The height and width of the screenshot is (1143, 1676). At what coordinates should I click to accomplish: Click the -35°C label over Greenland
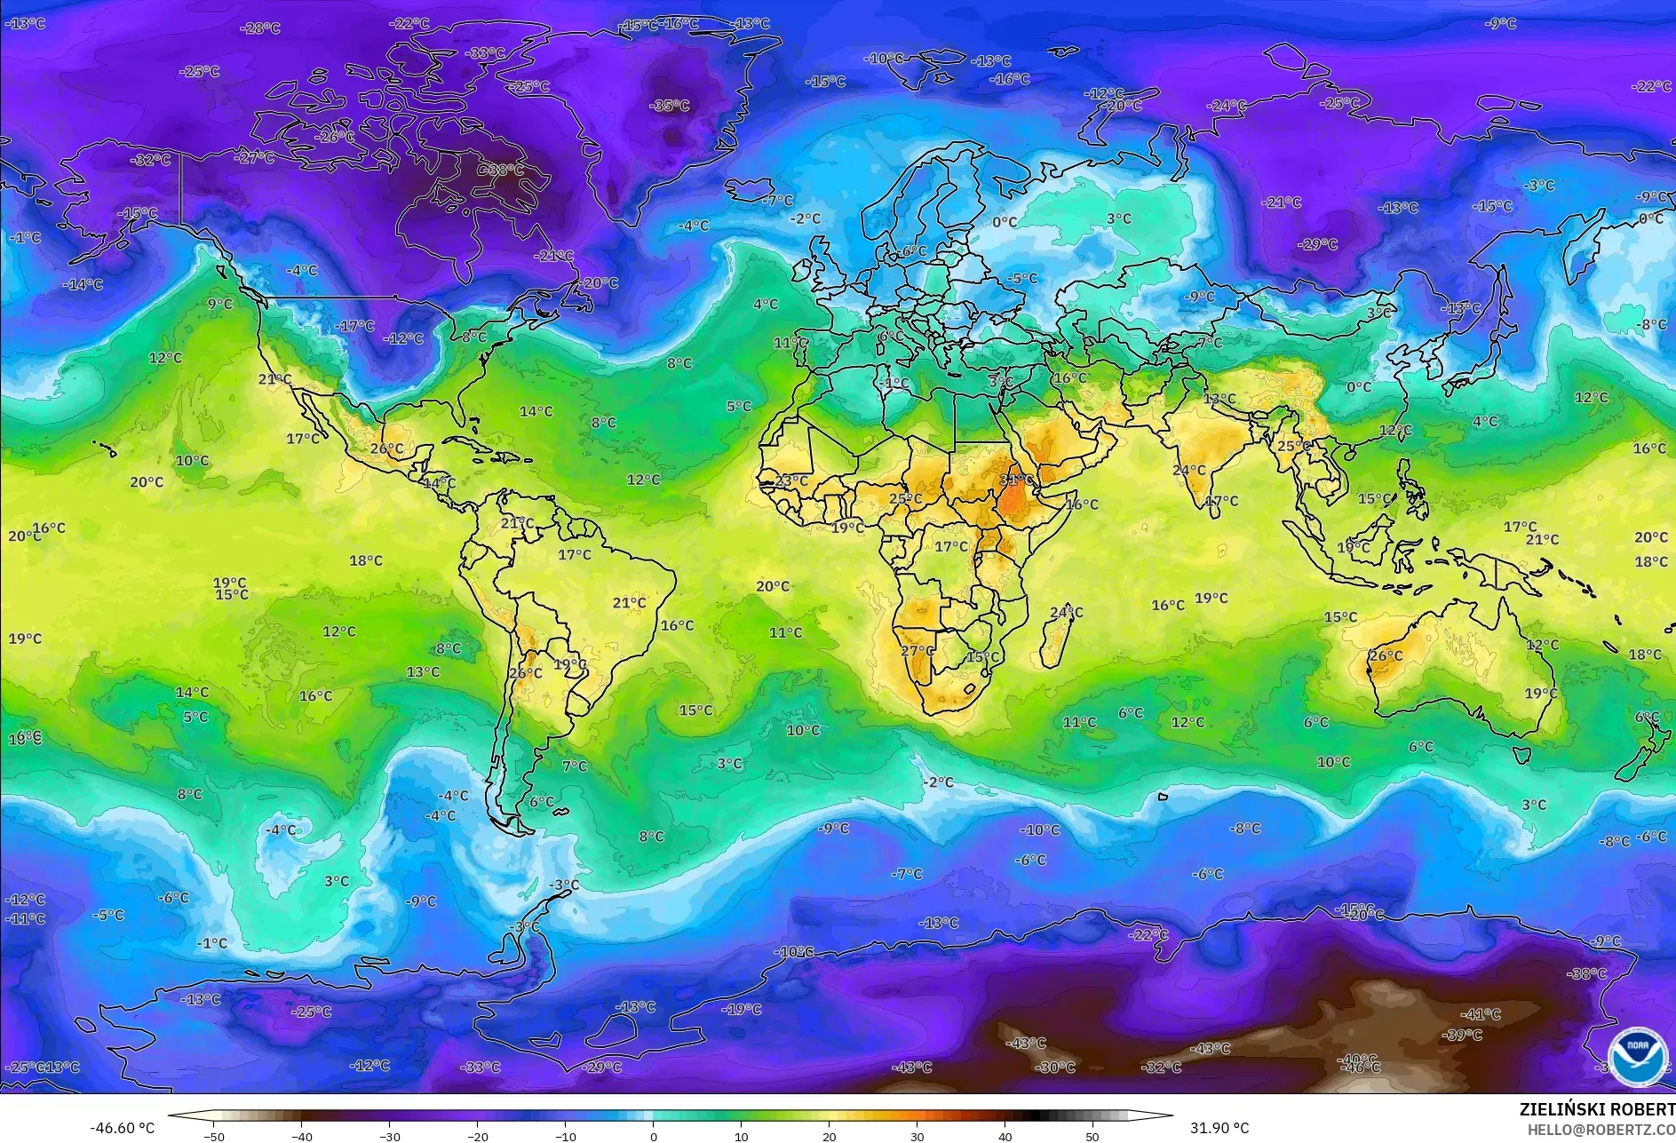(670, 106)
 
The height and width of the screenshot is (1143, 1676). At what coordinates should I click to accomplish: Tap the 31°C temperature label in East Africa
(1016, 480)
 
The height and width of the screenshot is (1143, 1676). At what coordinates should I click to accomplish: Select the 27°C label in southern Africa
(917, 651)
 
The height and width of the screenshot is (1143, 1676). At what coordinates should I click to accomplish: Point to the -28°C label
(259, 28)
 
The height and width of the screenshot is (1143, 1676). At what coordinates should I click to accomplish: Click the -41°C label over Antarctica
(1481, 1014)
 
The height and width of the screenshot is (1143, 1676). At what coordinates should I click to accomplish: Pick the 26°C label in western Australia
(1386, 656)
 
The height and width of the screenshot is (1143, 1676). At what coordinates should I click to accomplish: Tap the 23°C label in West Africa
(791, 480)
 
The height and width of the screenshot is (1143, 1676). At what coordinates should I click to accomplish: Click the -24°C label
(1227, 106)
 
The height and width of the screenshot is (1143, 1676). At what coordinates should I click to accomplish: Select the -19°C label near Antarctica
(742, 1009)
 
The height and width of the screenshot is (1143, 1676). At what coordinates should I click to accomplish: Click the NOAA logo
(1636, 1055)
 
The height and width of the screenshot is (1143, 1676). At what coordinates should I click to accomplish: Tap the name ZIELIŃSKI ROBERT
(1596, 1109)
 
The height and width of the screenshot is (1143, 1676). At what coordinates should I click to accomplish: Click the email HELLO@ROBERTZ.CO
(1601, 1130)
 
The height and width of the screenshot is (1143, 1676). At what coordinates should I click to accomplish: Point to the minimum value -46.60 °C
(122, 1128)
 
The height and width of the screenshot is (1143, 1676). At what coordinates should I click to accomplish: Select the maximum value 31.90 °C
(1219, 1128)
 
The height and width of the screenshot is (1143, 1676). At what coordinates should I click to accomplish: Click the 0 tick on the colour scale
(654, 1136)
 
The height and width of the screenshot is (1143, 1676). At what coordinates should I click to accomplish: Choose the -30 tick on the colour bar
(390, 1136)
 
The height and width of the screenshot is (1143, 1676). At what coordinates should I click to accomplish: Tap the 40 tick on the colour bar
(1005, 1136)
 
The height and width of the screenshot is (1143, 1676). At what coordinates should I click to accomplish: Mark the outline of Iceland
(751, 189)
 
